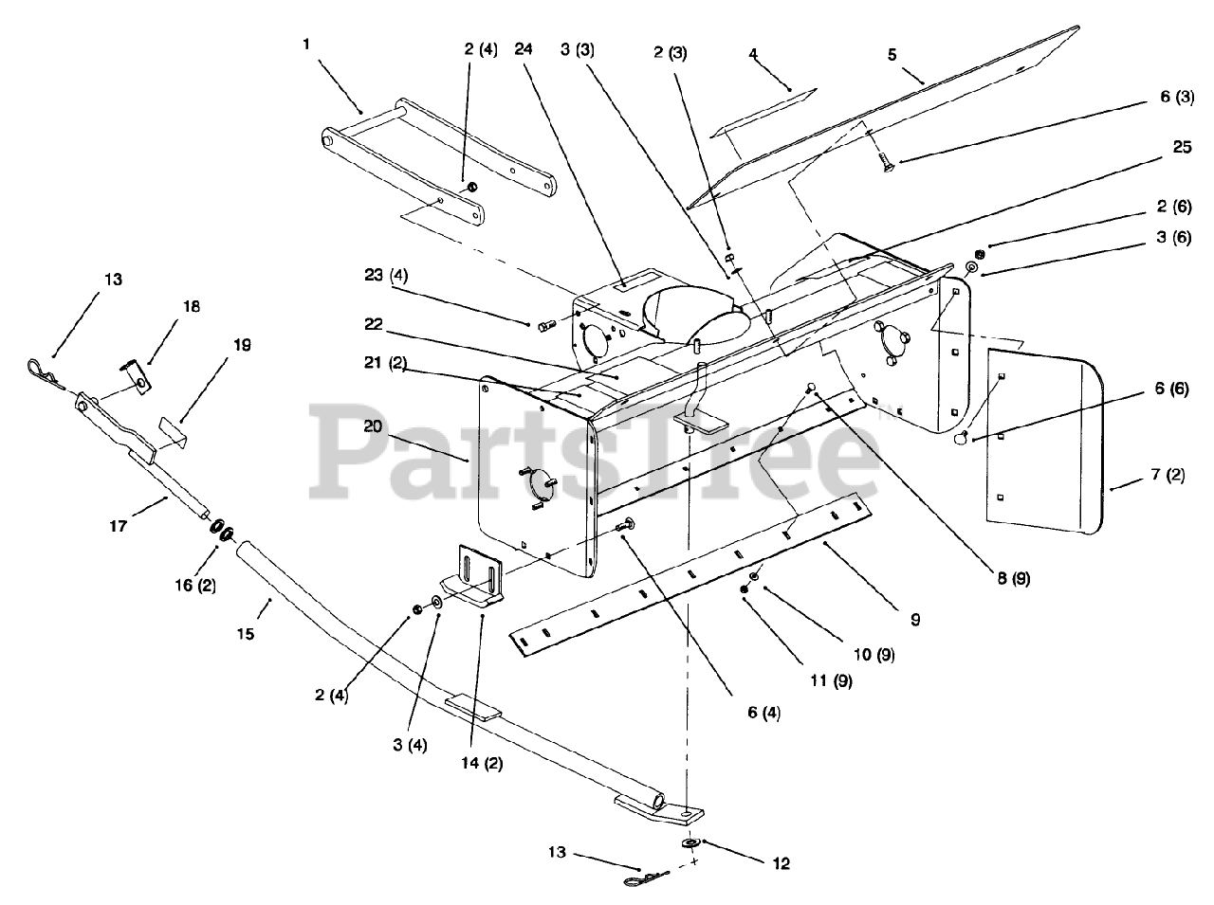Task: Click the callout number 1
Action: [x=307, y=45]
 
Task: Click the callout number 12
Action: [x=781, y=863]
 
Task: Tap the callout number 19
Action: [x=243, y=345]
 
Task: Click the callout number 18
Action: [x=192, y=306]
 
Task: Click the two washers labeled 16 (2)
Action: [x=222, y=532]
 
